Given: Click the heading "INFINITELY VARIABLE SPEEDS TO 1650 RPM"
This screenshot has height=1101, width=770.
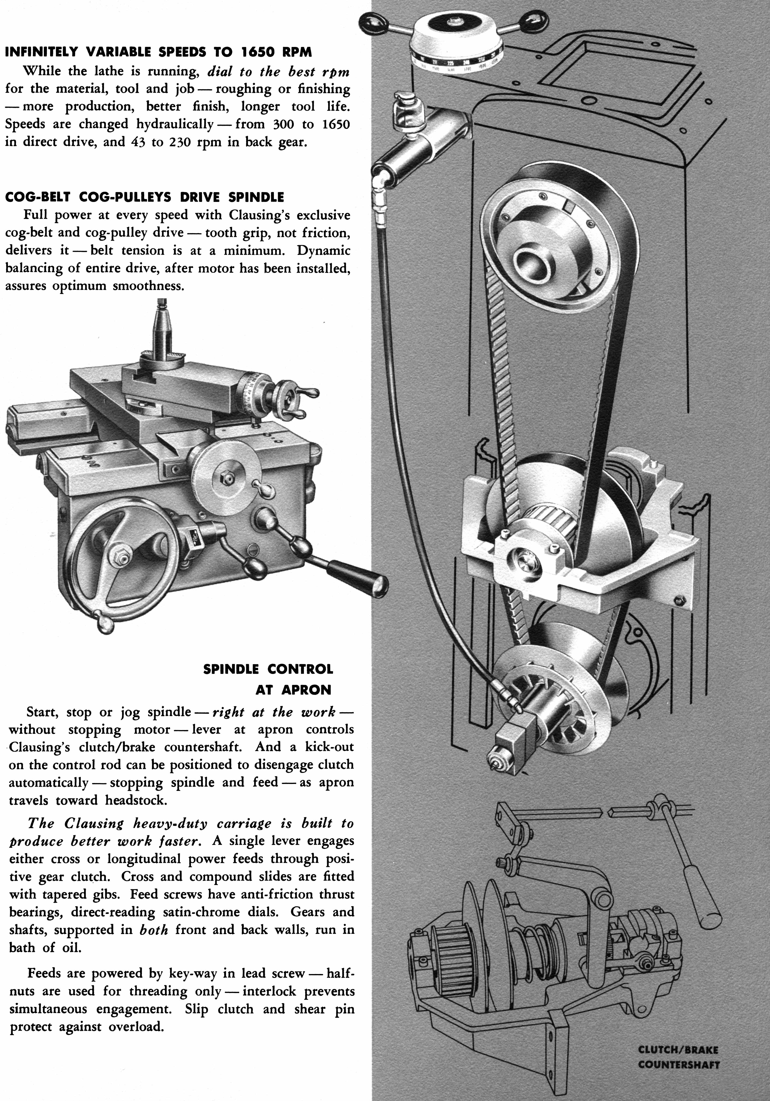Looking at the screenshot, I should pos(158,52).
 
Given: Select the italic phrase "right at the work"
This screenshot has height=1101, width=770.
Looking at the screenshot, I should pos(273,712).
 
